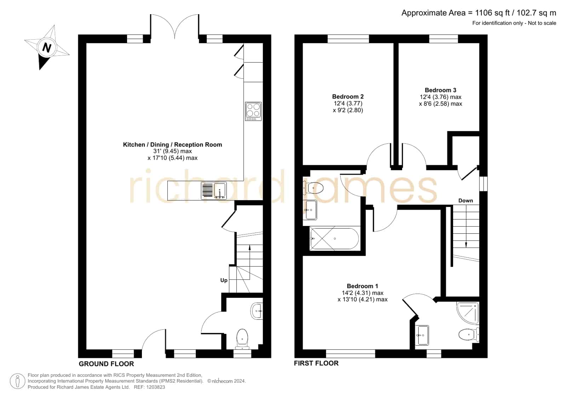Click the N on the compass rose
click(46, 47)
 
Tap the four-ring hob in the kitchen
click(253, 111)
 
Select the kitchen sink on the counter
click(214, 191)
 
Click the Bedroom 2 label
click(348, 97)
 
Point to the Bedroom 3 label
click(440, 90)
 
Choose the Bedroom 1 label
click(362, 286)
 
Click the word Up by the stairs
click(224, 280)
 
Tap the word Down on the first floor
click(466, 201)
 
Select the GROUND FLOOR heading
click(107, 364)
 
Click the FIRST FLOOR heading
click(316, 363)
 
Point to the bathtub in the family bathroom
click(334, 239)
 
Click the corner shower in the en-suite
click(468, 313)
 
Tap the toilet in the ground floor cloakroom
click(242, 339)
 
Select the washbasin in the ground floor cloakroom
click(257, 311)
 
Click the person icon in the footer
click(17, 381)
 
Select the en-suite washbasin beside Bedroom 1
click(422, 335)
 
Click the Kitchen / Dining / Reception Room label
click(173, 145)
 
